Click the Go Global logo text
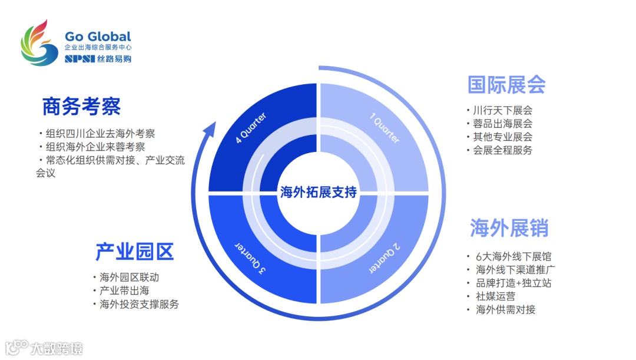pos(98,37)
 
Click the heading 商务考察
pos(82,107)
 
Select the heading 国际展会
pos(506,84)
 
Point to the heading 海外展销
pos(509,227)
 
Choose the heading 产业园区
pos(134,252)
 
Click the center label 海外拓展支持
pos(319,192)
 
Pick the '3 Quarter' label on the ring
pos(251,257)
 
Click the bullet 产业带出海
pos(124,290)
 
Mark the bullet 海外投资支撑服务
pos(139,304)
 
